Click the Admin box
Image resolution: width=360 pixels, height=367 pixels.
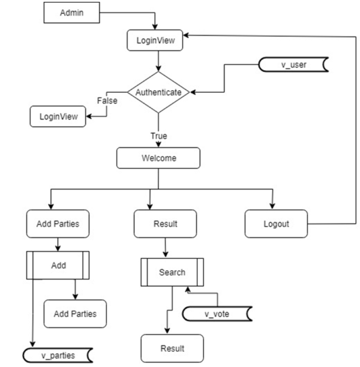point(72,13)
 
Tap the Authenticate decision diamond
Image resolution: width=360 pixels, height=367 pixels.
point(158,92)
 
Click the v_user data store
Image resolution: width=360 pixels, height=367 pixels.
point(293,65)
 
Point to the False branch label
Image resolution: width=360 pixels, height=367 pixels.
point(107,101)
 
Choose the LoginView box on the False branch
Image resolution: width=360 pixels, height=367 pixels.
point(58,116)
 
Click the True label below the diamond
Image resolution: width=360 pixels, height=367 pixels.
point(158,137)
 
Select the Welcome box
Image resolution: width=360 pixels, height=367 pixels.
point(158,158)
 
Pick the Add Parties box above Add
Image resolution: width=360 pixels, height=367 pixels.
point(58,224)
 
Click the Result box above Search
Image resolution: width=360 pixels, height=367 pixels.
point(164,224)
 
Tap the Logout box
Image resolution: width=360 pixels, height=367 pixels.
point(276,224)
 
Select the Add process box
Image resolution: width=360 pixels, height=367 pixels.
point(58,265)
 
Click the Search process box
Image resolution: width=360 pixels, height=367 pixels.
point(172,272)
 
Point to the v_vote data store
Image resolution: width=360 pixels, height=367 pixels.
point(217,313)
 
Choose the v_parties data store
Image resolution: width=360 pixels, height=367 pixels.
point(58,355)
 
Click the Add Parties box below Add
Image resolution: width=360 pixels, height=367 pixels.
point(75,314)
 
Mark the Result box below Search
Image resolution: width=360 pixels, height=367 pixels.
point(172,348)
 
